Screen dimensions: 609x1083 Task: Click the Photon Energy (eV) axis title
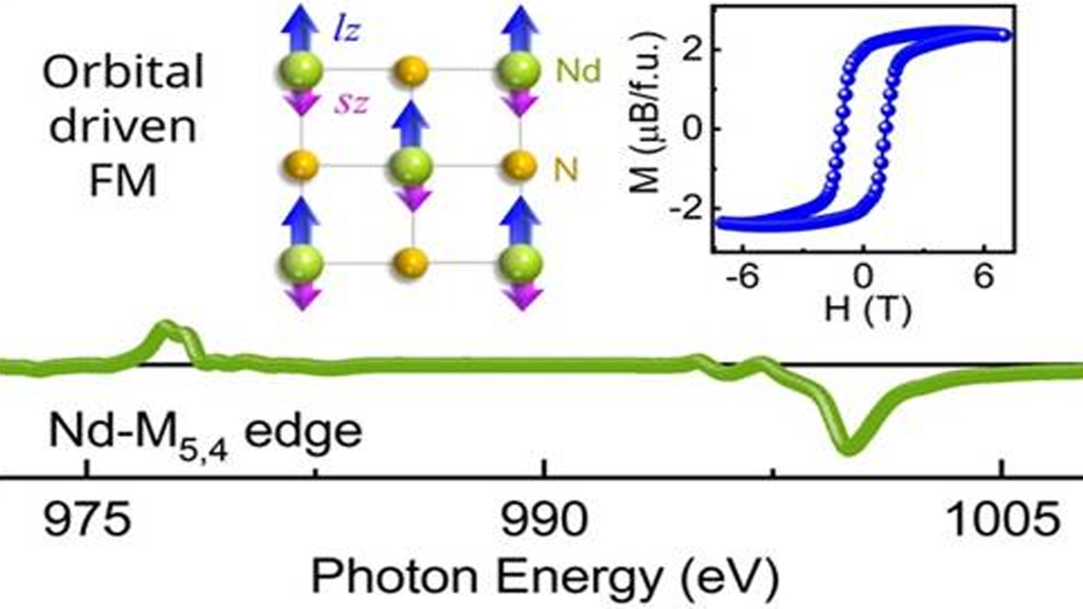(x=544, y=577)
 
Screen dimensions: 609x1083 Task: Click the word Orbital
(x=123, y=72)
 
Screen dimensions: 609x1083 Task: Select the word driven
(x=123, y=126)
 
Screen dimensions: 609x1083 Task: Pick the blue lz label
(x=346, y=30)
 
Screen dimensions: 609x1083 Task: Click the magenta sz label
(x=350, y=104)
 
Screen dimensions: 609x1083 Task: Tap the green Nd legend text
(x=578, y=70)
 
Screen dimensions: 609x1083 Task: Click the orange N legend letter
(x=566, y=170)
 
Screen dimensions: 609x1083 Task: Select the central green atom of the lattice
(x=411, y=165)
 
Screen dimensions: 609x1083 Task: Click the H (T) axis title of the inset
(x=867, y=309)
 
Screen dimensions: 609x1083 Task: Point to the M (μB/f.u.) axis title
(x=646, y=129)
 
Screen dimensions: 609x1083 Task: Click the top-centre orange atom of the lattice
(x=411, y=70)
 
